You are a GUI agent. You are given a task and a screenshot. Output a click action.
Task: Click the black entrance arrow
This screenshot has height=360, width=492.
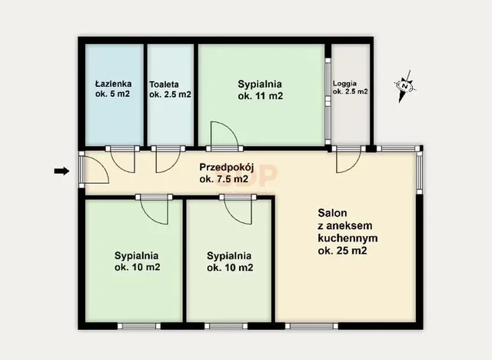[61, 171]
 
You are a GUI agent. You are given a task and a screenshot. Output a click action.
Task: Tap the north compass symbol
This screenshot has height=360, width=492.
[405, 86]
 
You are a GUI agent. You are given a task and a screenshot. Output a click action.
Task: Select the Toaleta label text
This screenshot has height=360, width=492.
[164, 85]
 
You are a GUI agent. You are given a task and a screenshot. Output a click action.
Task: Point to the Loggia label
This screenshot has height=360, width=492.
[344, 84]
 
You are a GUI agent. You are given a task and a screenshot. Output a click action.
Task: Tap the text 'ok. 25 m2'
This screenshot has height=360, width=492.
[342, 251]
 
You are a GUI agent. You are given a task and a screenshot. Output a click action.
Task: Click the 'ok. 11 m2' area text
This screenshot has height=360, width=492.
[260, 95]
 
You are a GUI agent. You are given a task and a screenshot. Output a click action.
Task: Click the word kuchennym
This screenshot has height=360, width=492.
[347, 238]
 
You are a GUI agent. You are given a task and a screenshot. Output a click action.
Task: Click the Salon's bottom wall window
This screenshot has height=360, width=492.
[311, 326]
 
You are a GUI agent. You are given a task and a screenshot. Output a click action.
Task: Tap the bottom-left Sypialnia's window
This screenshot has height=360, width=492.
[139, 326]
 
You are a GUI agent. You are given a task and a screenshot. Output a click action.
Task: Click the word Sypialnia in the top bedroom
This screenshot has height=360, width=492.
[260, 84]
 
